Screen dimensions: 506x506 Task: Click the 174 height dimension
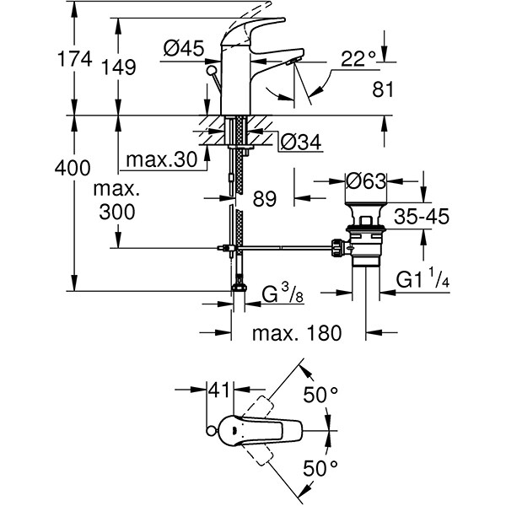pos(31,62)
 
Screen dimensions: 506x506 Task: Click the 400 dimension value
pos(32,168)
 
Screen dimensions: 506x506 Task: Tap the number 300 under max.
pos(116,212)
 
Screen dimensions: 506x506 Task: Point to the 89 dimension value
pos(264,200)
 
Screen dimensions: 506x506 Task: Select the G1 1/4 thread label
pos(427,277)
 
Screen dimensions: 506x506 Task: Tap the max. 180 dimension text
pos(299,333)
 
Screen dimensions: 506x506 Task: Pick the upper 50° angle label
pos(320,394)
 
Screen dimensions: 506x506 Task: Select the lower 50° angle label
pos(320,466)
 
